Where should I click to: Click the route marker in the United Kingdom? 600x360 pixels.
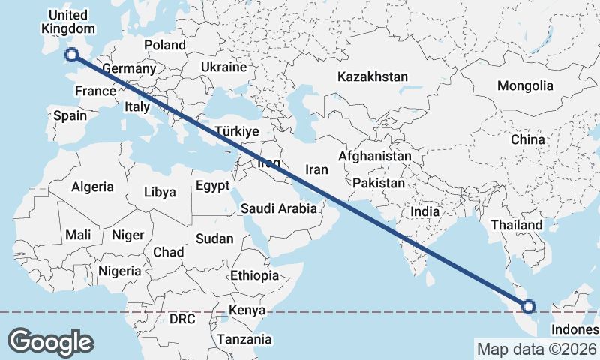(72, 54)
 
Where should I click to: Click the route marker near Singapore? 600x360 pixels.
(529, 306)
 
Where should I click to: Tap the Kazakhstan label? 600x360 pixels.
(373, 76)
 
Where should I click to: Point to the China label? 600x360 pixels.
(527, 139)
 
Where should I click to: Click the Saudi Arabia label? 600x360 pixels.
(279, 209)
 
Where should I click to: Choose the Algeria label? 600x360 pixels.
(92, 187)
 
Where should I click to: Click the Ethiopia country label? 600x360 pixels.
(254, 275)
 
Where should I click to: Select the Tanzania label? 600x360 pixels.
(244, 340)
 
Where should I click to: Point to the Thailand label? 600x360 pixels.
(516, 225)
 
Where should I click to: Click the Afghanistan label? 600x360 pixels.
(374, 156)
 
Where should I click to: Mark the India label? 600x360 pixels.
(424, 212)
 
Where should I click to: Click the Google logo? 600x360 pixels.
(51, 341)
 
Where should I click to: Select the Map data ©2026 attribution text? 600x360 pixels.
(537, 349)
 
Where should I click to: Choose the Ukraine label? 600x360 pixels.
(223, 67)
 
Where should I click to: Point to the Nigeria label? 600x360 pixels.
(119, 271)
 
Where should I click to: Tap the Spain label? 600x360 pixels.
(70, 115)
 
